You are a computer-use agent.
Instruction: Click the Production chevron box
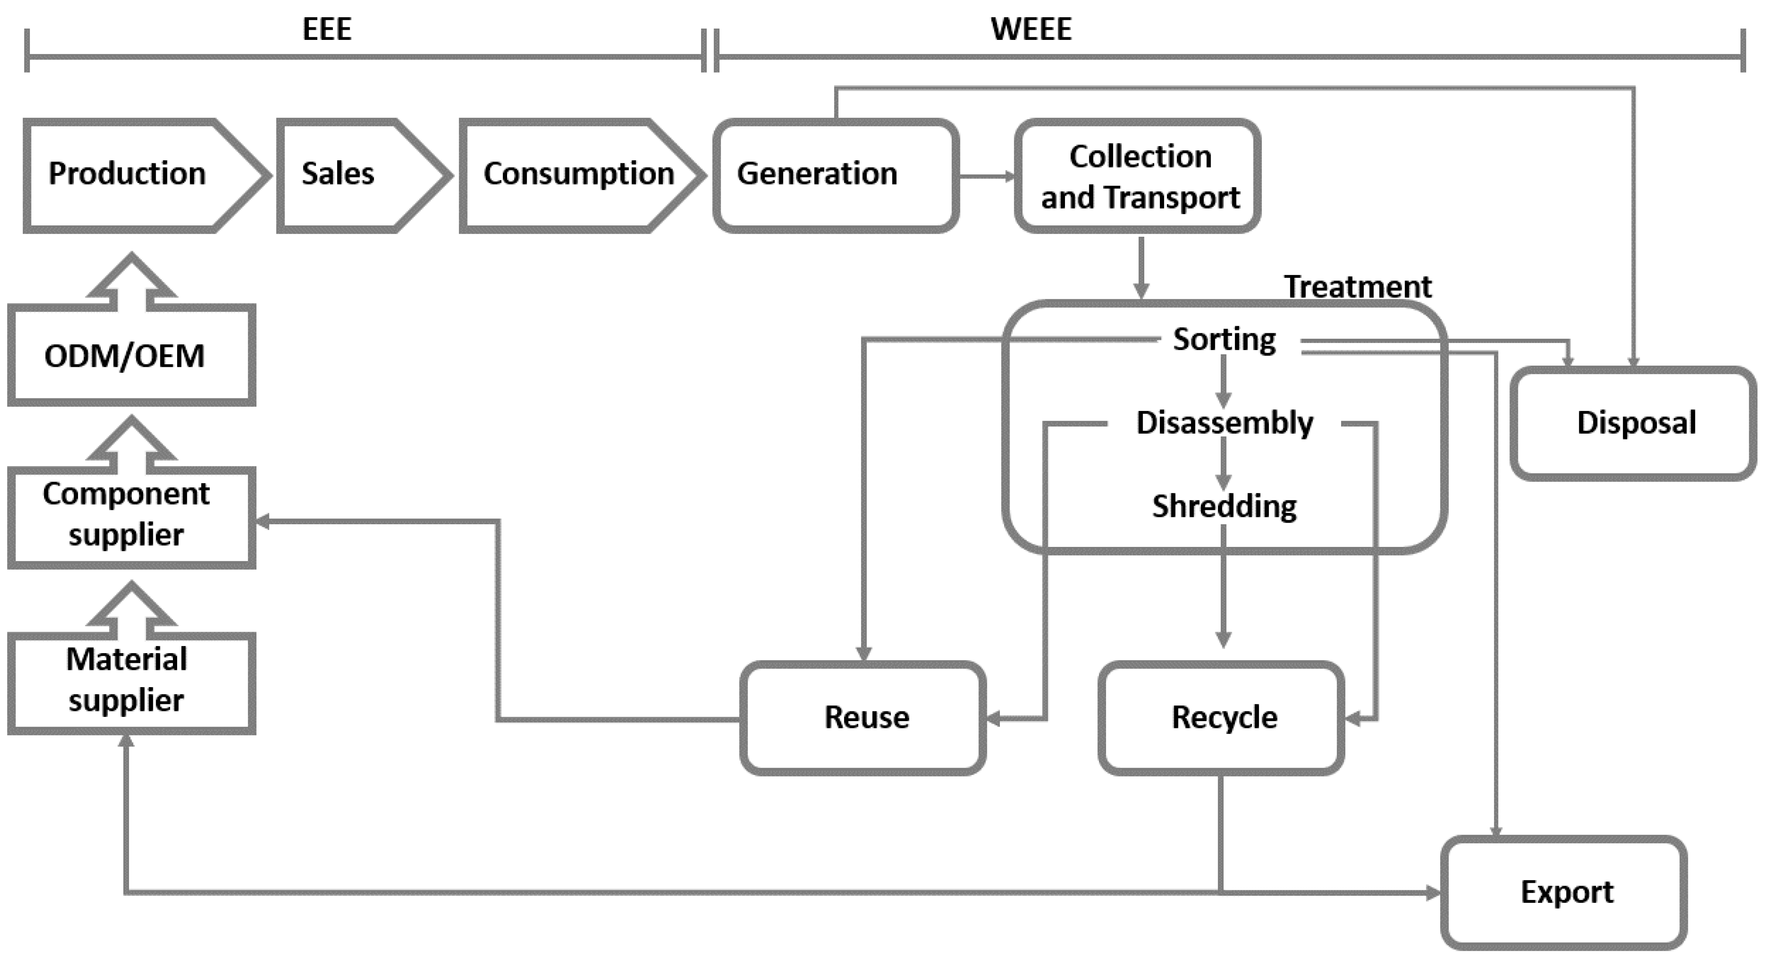(x=138, y=175)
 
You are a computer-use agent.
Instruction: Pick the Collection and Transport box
(x=1138, y=177)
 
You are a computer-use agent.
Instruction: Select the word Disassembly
(x=1224, y=423)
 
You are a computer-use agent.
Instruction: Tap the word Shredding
(x=1224, y=507)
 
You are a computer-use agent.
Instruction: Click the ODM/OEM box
(x=131, y=356)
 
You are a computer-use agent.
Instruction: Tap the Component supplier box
(x=131, y=515)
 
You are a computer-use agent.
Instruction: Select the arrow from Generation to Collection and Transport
(x=986, y=177)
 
